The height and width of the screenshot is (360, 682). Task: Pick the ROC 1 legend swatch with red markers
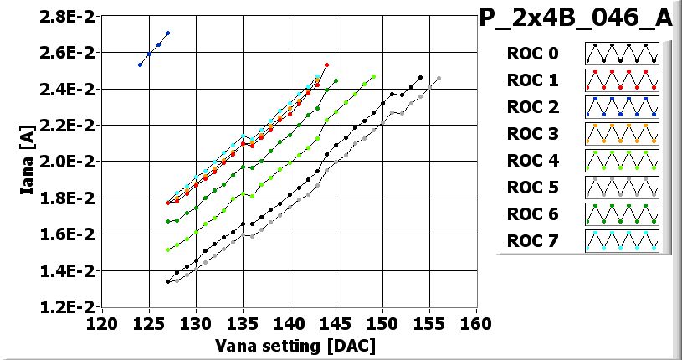pyautogui.click(x=622, y=81)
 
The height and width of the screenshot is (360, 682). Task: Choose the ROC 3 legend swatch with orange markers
pyautogui.click(x=622, y=135)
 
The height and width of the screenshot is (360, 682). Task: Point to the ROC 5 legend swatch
pyautogui.click(x=622, y=188)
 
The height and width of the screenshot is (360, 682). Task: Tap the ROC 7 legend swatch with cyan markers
pyautogui.click(x=622, y=242)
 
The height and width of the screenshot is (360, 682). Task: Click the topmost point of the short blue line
pyautogui.click(x=167, y=33)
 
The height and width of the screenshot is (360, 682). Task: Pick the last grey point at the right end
pyautogui.click(x=438, y=79)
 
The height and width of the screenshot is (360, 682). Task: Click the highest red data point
pyautogui.click(x=326, y=64)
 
